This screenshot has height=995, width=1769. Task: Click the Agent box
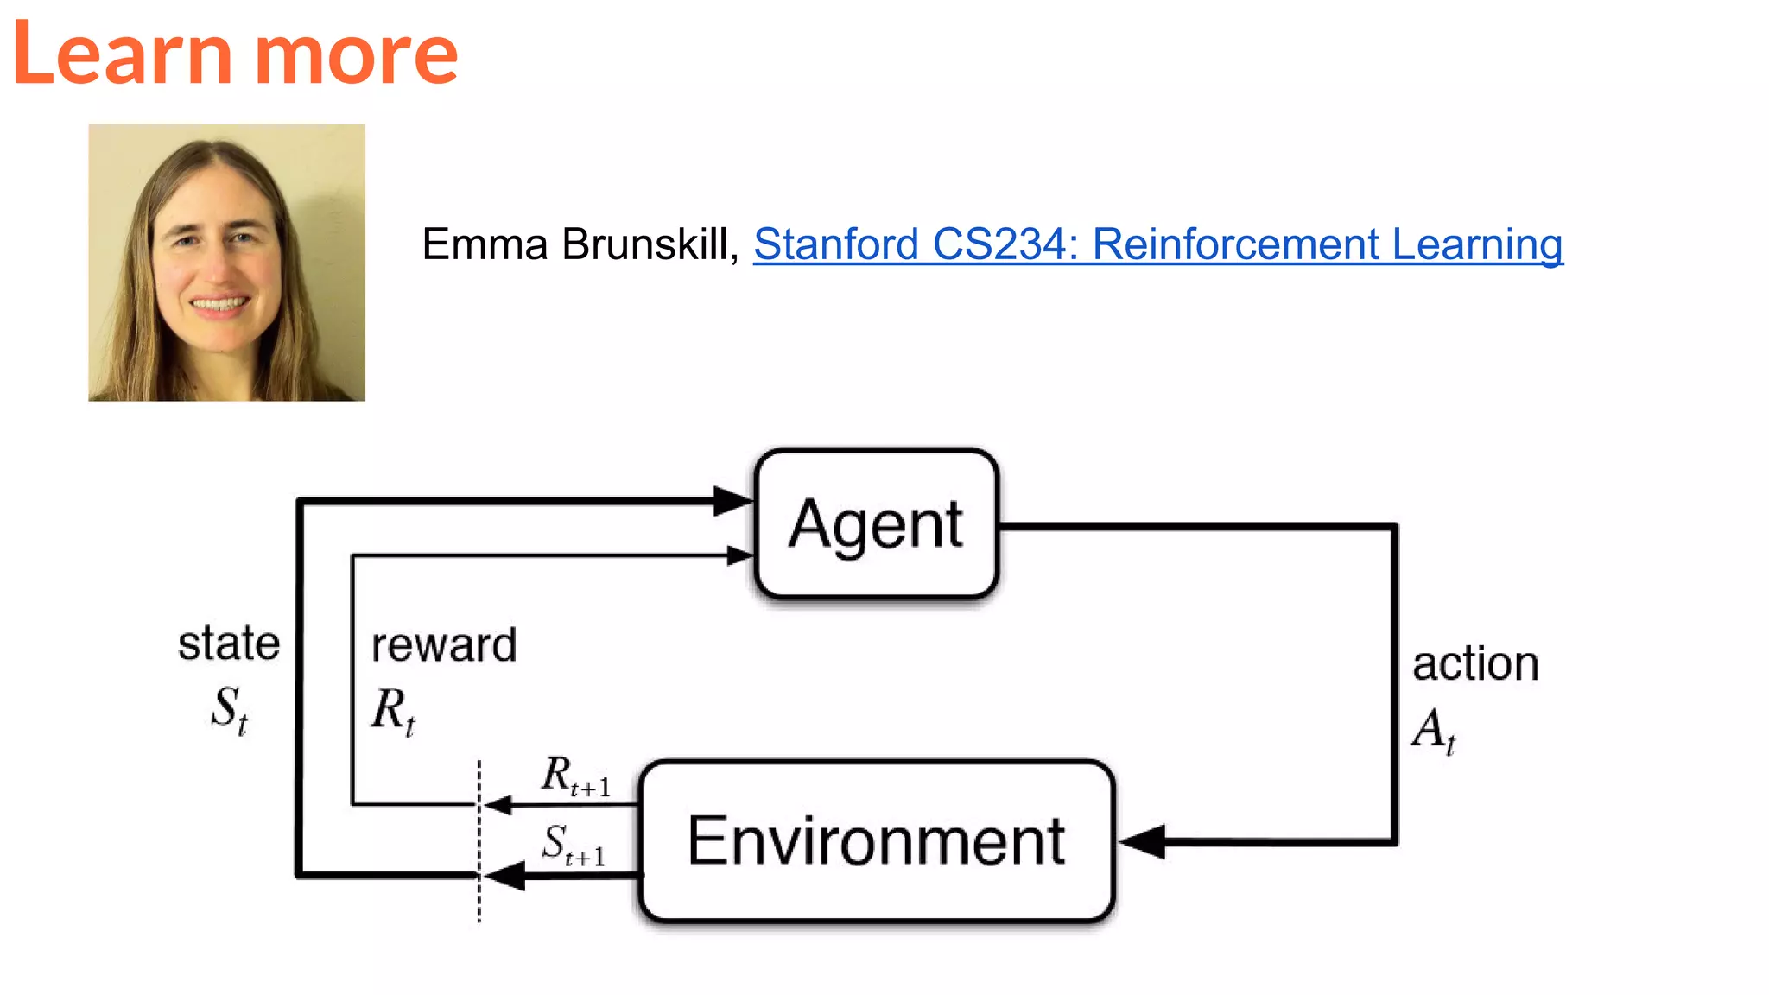(x=876, y=523)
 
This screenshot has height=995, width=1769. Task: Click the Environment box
(x=876, y=840)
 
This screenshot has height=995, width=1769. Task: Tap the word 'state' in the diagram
(x=229, y=643)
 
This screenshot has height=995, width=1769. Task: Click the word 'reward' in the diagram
(x=444, y=645)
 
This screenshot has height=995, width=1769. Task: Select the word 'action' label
(x=1475, y=663)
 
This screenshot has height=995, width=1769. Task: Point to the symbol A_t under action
(x=1434, y=730)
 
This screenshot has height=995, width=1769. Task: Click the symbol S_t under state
(x=230, y=709)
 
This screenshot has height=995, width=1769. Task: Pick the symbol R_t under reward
(x=393, y=711)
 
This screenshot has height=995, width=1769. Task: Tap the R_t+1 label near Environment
(x=575, y=775)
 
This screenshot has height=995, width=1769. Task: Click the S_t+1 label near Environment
(x=574, y=845)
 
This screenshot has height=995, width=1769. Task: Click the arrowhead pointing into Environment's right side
(x=1142, y=841)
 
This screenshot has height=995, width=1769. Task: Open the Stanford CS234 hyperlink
(x=1157, y=244)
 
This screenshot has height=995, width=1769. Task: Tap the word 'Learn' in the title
(x=122, y=54)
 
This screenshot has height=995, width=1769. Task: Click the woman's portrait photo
(x=226, y=263)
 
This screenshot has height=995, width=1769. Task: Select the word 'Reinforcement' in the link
(x=1236, y=244)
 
